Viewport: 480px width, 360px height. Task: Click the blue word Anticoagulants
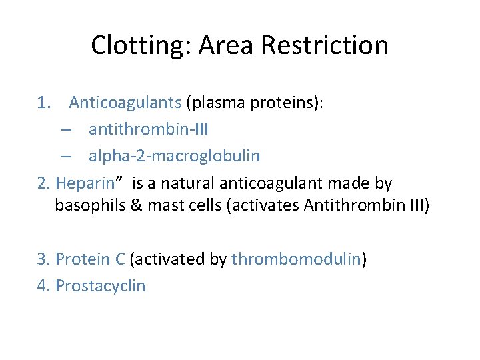pos(125,103)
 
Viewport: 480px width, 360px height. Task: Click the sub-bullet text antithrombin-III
pos(148,129)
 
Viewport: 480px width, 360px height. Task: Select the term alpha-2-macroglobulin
pos(174,156)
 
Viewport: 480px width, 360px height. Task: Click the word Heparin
pos(86,183)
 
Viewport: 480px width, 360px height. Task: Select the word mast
pos(164,205)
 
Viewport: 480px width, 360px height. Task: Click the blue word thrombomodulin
pos(295,259)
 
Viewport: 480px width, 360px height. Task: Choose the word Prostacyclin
pos(100,285)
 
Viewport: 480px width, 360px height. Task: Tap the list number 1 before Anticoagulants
pos(42,103)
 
